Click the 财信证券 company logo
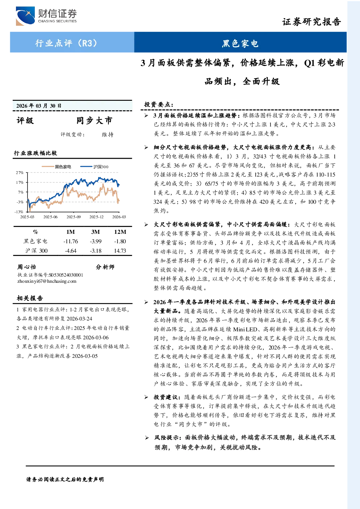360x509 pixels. coord(46,16)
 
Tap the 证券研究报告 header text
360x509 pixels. coord(311,22)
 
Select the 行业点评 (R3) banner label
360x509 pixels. coord(66,43)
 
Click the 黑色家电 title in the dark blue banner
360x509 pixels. coord(240,44)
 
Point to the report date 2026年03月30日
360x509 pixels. coord(39,105)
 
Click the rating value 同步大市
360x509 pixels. coord(94,120)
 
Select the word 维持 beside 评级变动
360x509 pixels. coord(108,135)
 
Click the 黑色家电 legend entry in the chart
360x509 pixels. coord(56,167)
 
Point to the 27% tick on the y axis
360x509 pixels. coord(20,173)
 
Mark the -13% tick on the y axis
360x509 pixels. coord(19,212)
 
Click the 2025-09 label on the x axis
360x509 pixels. coord(73,217)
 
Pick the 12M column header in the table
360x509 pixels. coord(120,232)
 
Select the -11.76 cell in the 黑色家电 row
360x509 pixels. coord(70,241)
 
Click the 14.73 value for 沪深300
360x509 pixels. coord(120,251)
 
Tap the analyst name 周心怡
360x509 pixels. coord(26,267)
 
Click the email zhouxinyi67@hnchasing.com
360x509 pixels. coord(47,281)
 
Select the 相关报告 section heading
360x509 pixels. coord(30,298)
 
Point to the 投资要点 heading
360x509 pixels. coord(159,104)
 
